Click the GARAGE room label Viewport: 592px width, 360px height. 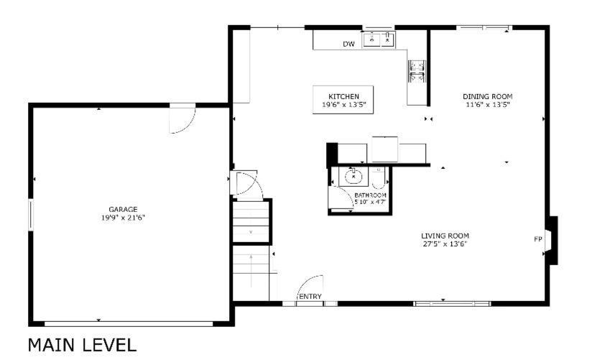[123, 209]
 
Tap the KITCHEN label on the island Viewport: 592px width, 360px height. [343, 97]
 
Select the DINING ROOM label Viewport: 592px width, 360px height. [487, 97]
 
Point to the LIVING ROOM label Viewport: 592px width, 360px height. [445, 236]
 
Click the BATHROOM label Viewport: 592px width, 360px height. [370, 195]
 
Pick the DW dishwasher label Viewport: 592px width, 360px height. [349, 45]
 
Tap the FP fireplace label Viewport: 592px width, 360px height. [538, 239]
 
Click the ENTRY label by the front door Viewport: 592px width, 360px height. [310, 297]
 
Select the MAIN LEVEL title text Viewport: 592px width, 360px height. [82, 345]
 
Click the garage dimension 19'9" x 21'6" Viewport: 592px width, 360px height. [123, 218]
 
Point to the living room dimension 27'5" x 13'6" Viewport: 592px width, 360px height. [445, 244]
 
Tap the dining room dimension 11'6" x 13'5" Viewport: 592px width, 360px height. [487, 105]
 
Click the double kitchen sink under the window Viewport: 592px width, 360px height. [379, 40]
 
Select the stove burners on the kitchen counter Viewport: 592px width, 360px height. [417, 70]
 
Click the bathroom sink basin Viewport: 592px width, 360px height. [353, 177]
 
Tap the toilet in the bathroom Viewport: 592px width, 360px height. [379, 178]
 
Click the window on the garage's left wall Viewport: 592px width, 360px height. [31, 215]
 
